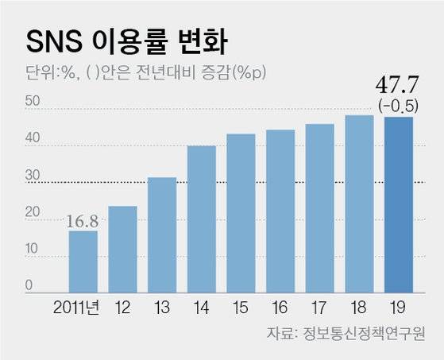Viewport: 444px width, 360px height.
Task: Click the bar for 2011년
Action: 83,261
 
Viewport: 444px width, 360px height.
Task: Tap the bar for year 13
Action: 162,234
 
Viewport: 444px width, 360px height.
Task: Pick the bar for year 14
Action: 202,219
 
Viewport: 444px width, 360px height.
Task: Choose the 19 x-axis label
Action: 399,307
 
